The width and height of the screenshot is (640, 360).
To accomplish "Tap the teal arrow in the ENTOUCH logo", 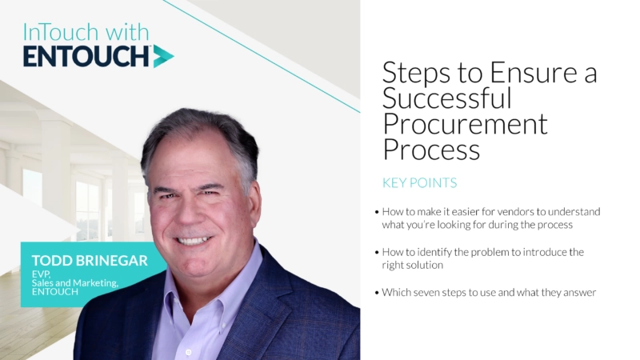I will (163, 56).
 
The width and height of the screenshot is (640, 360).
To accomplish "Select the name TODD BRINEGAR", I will (88, 262).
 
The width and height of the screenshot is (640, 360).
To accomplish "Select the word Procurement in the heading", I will (465, 124).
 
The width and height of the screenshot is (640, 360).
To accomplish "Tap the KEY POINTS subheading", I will (419, 182).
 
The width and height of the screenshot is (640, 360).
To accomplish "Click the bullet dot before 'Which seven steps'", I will (377, 293).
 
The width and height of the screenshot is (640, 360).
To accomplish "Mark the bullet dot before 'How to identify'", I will (377, 253).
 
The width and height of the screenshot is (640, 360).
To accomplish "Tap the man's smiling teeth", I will (194, 238).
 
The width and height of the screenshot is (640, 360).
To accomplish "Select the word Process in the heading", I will (431, 150).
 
